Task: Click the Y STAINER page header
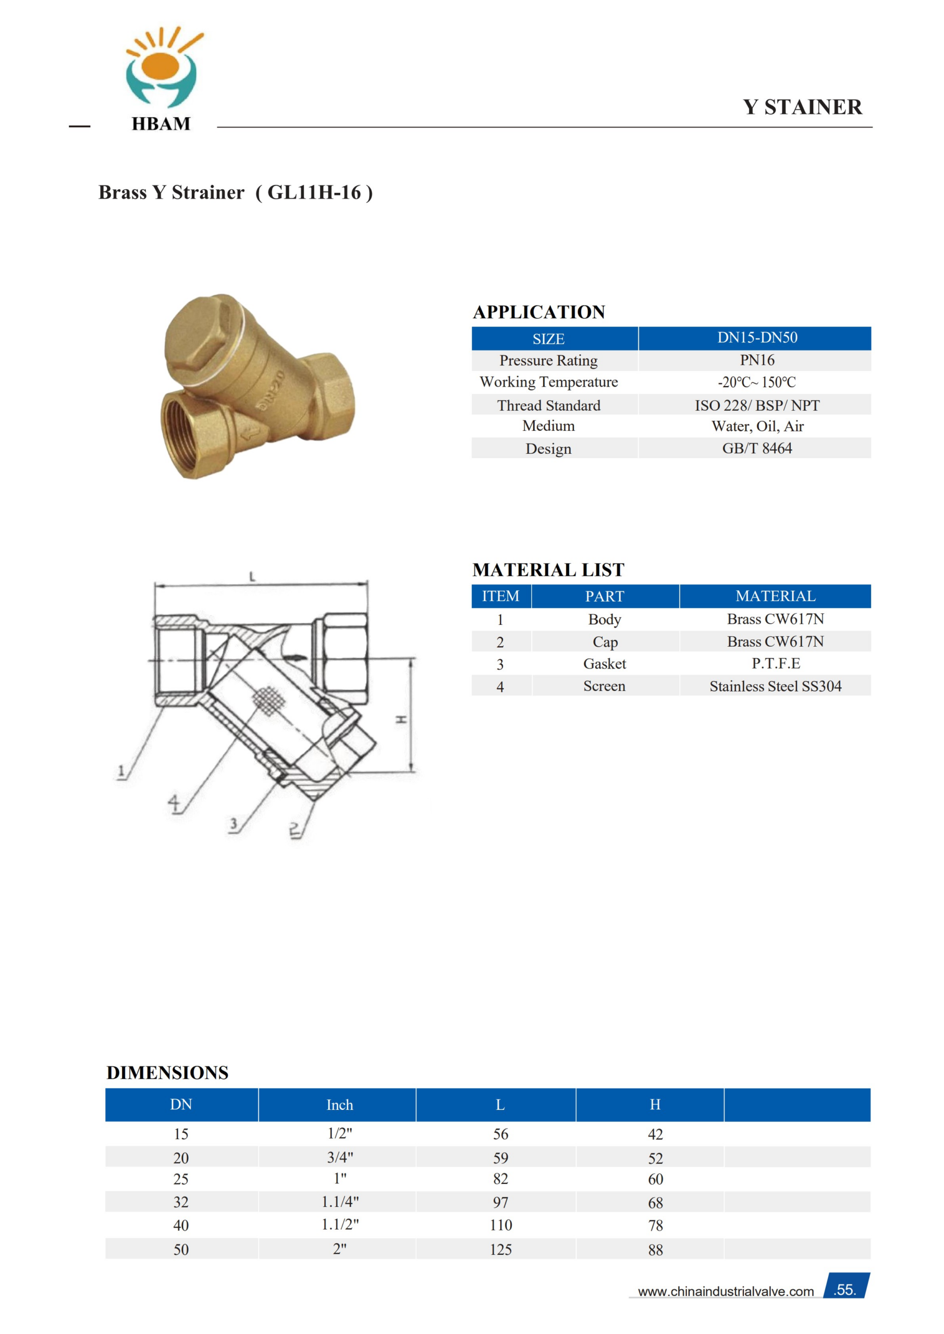[802, 107]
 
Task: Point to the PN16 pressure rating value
[757, 360]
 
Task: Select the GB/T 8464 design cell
[757, 449]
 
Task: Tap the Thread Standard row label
[549, 405]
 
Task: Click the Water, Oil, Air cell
[757, 426]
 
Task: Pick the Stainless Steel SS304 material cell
[776, 686]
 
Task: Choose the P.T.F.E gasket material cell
[776, 663]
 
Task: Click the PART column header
[605, 596]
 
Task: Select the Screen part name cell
[605, 686]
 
